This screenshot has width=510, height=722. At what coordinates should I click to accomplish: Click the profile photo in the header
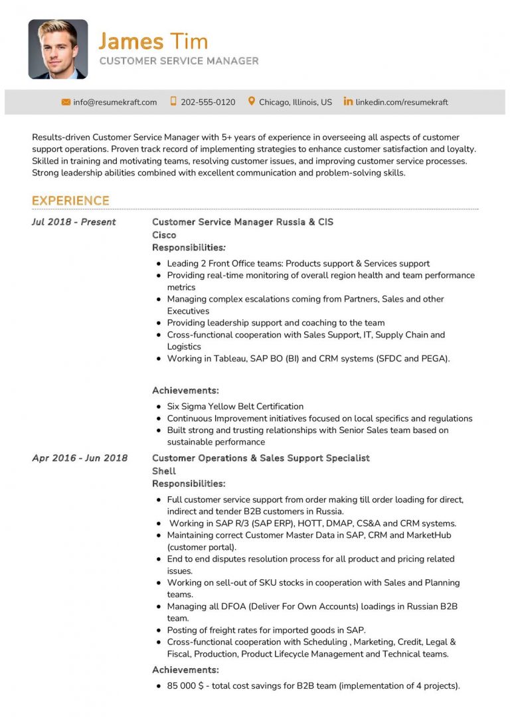point(58,49)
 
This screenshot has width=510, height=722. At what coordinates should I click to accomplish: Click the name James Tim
point(153,41)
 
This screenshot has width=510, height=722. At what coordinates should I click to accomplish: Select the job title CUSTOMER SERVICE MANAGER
point(179,61)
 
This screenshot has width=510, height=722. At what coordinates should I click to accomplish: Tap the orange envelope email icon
point(66,102)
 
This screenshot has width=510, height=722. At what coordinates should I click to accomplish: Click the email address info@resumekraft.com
point(115,102)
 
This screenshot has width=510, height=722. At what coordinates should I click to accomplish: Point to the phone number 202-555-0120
point(208,102)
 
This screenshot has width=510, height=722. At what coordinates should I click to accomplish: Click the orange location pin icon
point(252,102)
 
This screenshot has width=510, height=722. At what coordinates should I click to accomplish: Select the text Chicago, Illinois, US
point(296,102)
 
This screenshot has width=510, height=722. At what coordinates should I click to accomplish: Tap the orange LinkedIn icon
point(348,102)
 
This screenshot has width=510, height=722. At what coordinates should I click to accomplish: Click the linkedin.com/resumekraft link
point(402,102)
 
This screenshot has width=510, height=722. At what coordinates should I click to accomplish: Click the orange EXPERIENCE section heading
point(70,201)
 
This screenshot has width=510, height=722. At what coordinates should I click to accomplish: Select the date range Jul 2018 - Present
point(74,222)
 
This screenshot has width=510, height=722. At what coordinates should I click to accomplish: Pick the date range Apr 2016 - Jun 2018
point(80,458)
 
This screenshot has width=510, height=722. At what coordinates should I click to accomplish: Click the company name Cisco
point(164,235)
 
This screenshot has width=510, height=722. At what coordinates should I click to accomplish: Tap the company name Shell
point(163,471)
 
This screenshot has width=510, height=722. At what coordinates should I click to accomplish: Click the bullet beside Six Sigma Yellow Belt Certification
point(159,406)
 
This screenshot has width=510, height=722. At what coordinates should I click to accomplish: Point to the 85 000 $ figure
point(188,686)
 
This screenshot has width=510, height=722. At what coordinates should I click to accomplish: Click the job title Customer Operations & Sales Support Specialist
point(261,458)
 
